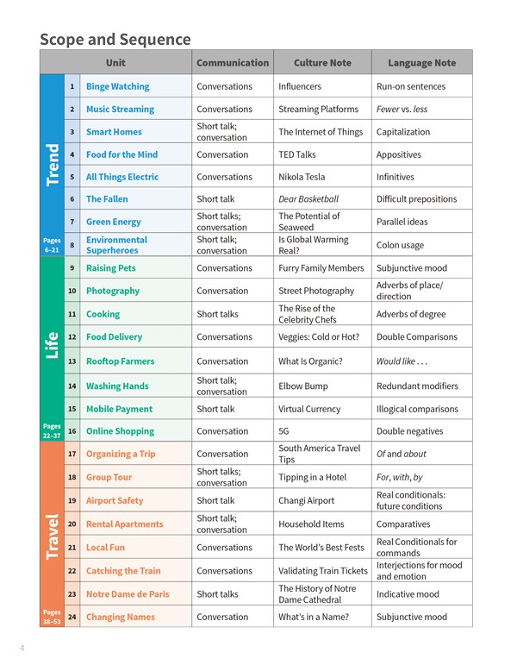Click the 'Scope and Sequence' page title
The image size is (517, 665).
pyautogui.click(x=115, y=40)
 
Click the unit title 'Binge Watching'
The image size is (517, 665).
pyautogui.click(x=117, y=86)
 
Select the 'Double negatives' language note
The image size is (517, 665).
pyautogui.click(x=409, y=431)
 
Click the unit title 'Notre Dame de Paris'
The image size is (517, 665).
pyautogui.click(x=128, y=594)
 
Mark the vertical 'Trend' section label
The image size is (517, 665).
pyautogui.click(x=52, y=164)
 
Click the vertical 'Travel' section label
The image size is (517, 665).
pyautogui.click(x=52, y=535)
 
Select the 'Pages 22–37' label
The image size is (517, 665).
pyautogui.click(x=52, y=430)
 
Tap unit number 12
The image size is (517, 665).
pyautogui.click(x=72, y=337)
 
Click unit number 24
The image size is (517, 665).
pyautogui.click(x=72, y=618)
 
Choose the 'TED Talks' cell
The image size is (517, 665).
pyautogui.click(x=297, y=154)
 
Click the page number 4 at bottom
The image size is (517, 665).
pyautogui.click(x=22, y=648)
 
